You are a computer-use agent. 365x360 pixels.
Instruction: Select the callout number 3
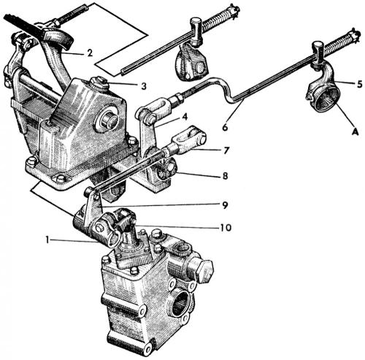click(145, 86)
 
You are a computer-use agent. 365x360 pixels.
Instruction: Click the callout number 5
click(359, 84)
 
